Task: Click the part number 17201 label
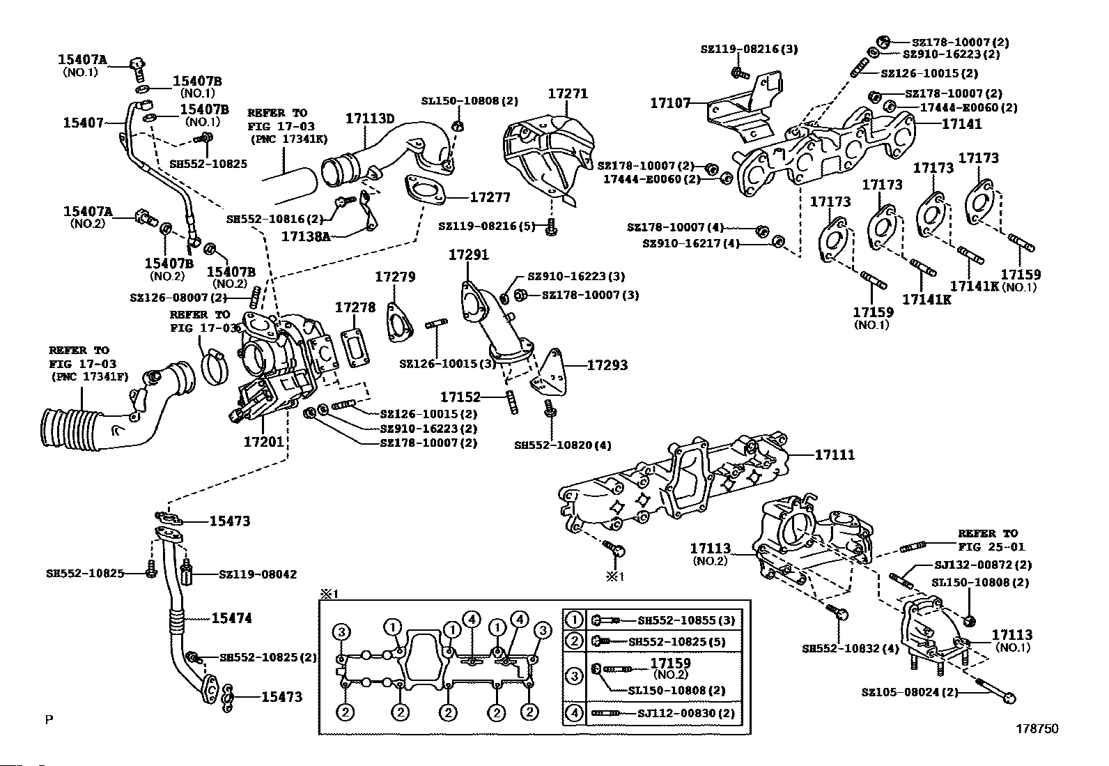click(263, 442)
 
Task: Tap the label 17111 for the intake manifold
click(835, 455)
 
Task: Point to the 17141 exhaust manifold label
click(961, 124)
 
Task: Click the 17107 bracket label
click(670, 103)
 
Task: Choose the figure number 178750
click(1037, 728)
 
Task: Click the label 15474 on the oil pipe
click(231, 618)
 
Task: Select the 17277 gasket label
click(490, 197)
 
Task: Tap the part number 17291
click(468, 255)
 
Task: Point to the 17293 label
click(607, 365)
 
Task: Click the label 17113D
click(370, 118)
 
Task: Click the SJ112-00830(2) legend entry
click(686, 713)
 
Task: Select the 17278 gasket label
click(355, 307)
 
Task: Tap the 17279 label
click(395, 277)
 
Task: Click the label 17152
click(461, 397)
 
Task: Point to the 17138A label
click(306, 236)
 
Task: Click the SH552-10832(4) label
click(840, 648)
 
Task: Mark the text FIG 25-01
click(991, 547)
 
